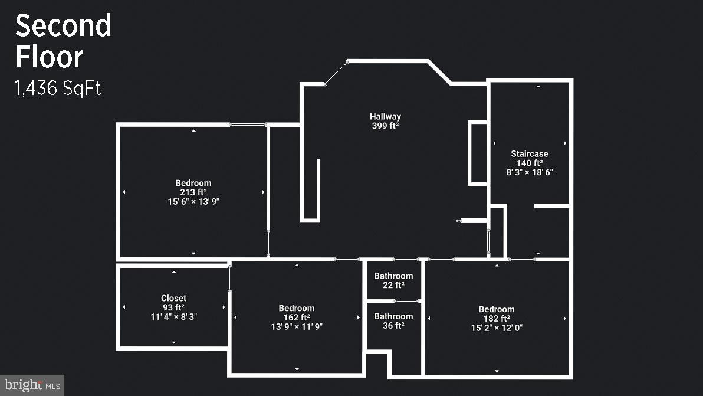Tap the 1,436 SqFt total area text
click(58, 89)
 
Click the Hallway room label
click(385, 117)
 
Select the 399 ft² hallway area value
click(385, 126)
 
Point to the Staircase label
click(529, 154)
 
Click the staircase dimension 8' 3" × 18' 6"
click(529, 172)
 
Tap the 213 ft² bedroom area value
click(193, 192)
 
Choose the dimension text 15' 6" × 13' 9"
click(193, 202)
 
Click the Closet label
click(173, 299)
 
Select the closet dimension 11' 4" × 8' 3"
click(173, 317)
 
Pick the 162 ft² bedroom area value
click(297, 318)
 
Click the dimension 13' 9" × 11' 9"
click(297, 326)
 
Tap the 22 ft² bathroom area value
click(393, 285)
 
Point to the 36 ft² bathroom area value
click(393, 326)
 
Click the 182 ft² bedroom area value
click(497, 319)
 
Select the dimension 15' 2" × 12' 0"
click(497, 328)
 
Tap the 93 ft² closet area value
click(173, 307)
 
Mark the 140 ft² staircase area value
click(529, 163)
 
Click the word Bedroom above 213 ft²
click(193, 183)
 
